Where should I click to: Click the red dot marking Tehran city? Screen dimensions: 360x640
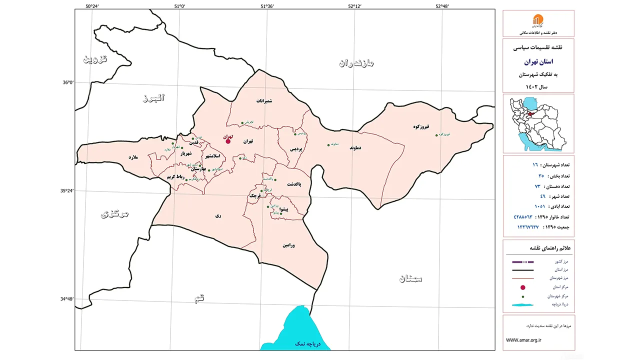228,141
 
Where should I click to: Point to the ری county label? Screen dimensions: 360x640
217,216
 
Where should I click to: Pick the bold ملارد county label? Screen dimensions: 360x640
132,157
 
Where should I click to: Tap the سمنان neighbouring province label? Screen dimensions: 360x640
410,279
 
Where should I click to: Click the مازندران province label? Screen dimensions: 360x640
356,63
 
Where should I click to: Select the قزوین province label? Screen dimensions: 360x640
95,59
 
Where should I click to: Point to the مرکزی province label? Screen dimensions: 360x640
115,214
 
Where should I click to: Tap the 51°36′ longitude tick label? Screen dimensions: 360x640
266,6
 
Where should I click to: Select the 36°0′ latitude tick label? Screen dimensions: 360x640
67,83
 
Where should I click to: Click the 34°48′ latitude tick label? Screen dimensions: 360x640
66,299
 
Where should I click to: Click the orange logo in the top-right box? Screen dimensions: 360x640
537,20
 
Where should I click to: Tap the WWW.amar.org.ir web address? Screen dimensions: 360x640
523,340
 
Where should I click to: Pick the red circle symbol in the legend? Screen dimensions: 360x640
523,287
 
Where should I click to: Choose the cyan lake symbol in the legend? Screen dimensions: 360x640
523,304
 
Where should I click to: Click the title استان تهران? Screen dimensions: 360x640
537,62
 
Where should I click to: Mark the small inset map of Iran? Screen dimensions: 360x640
537,123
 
